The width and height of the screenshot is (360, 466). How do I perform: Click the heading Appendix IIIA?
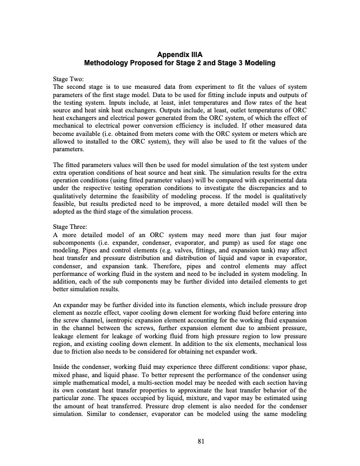180,54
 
